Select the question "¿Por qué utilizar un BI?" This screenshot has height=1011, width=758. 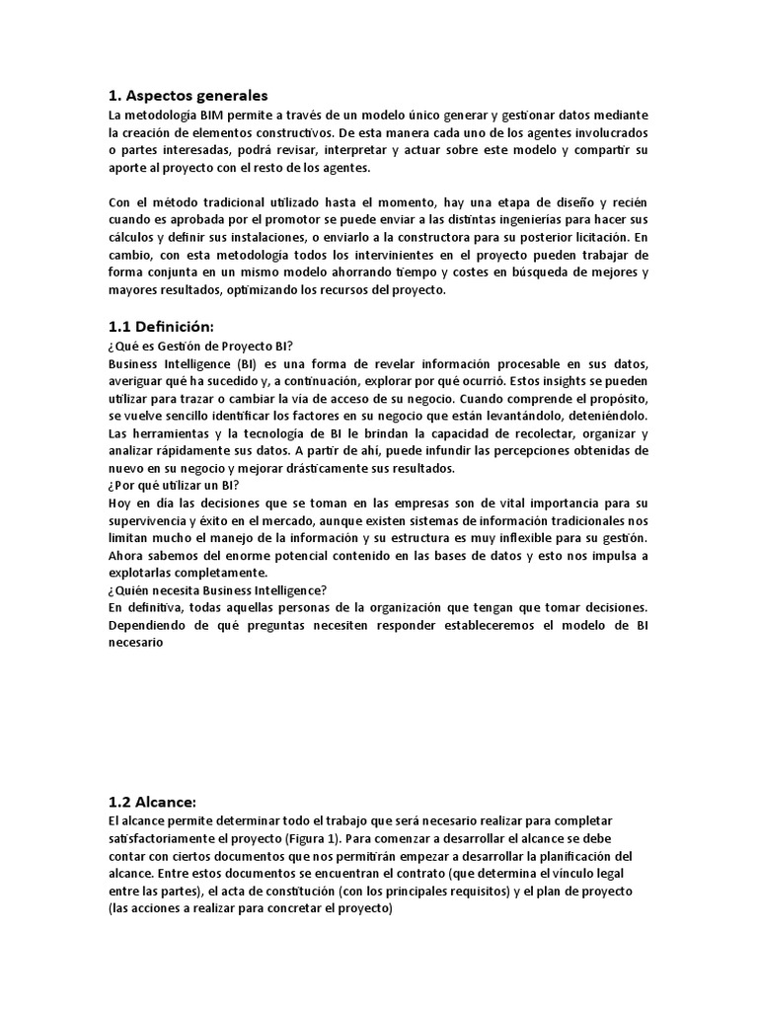(175, 485)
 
